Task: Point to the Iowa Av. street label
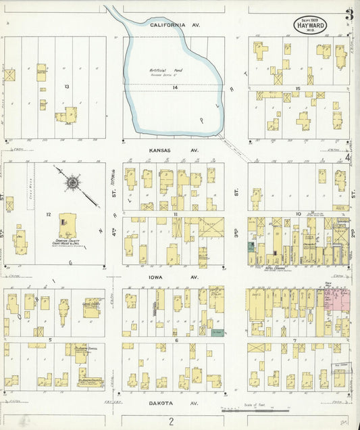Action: [174, 277]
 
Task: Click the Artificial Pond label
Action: [161, 71]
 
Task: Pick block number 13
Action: [67, 87]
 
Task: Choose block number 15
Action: [297, 88]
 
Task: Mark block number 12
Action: [49, 214]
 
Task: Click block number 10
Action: [297, 214]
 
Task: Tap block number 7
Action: [294, 340]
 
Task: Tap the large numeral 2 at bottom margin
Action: [172, 422]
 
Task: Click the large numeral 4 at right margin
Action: [349, 158]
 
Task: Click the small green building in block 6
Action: [217, 333]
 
